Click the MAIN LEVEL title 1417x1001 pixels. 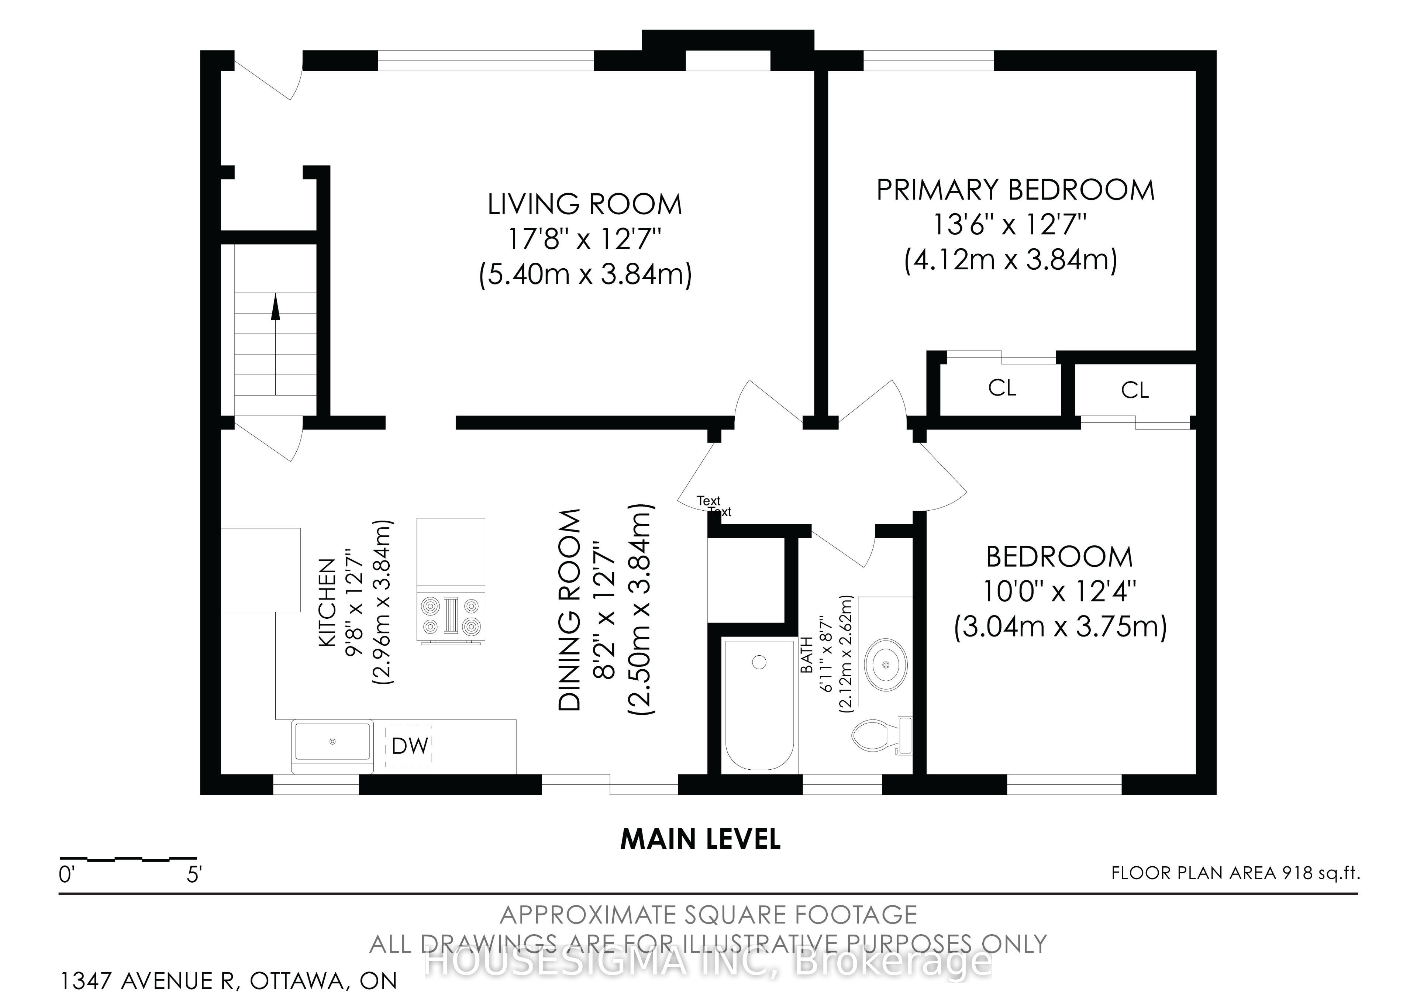click(700, 839)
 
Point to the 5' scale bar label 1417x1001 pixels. click(194, 874)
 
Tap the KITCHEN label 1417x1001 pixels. click(327, 602)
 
